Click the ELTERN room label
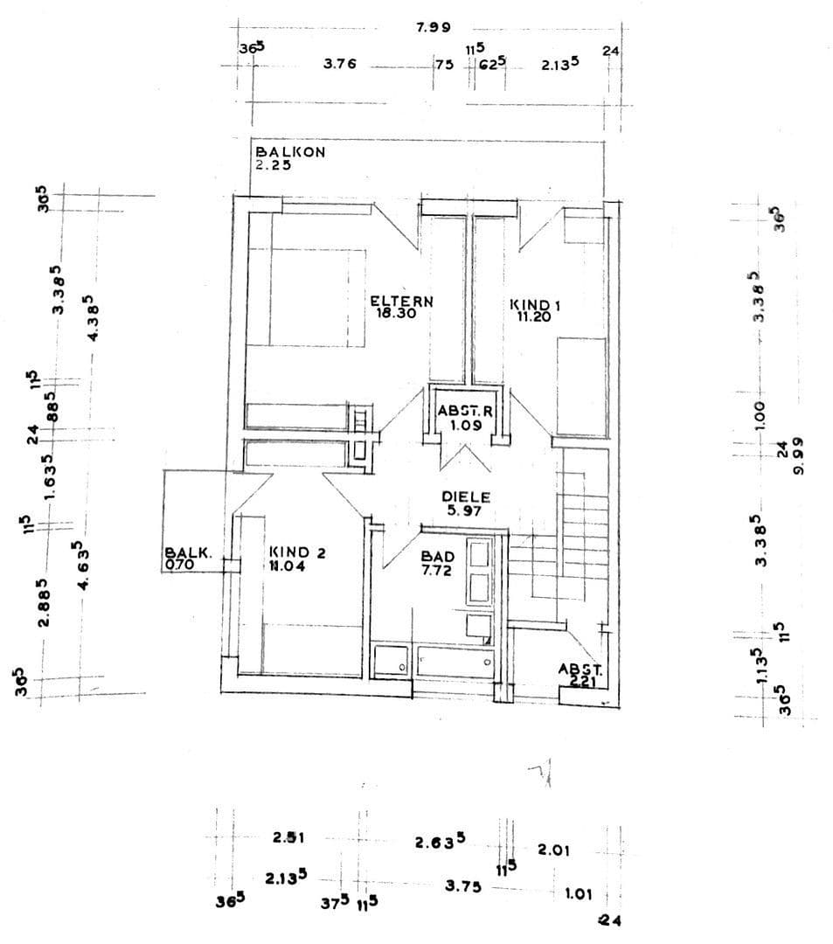[401, 301]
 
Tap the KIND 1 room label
[534, 305]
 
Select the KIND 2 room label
[297, 552]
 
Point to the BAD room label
[437, 556]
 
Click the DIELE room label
[465, 496]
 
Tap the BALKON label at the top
[290, 151]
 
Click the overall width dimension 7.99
[434, 28]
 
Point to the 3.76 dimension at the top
[339, 63]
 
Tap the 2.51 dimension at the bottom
[288, 837]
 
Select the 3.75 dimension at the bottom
[463, 885]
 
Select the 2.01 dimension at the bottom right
[553, 849]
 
